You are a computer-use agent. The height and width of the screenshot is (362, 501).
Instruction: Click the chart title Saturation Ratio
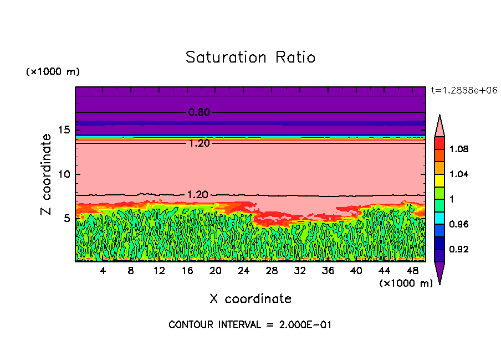pos(250,57)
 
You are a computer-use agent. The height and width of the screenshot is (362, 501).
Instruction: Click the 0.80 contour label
pos(199,112)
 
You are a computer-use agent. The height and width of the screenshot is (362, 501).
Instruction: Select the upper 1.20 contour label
pos(199,143)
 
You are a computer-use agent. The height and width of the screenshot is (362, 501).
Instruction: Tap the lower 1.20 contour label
pos(199,195)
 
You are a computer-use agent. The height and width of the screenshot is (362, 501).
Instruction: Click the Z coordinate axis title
pos(47,174)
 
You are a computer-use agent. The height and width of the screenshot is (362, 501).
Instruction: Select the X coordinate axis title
pos(250,299)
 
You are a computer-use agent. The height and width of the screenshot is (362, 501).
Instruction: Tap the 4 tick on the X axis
pos(103,271)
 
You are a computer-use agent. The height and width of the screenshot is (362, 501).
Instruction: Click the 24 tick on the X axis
pos(243,271)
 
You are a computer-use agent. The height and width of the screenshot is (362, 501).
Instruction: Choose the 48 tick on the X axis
pos(412,271)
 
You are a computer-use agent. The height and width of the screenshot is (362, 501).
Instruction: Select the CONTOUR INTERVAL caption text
pos(250,325)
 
